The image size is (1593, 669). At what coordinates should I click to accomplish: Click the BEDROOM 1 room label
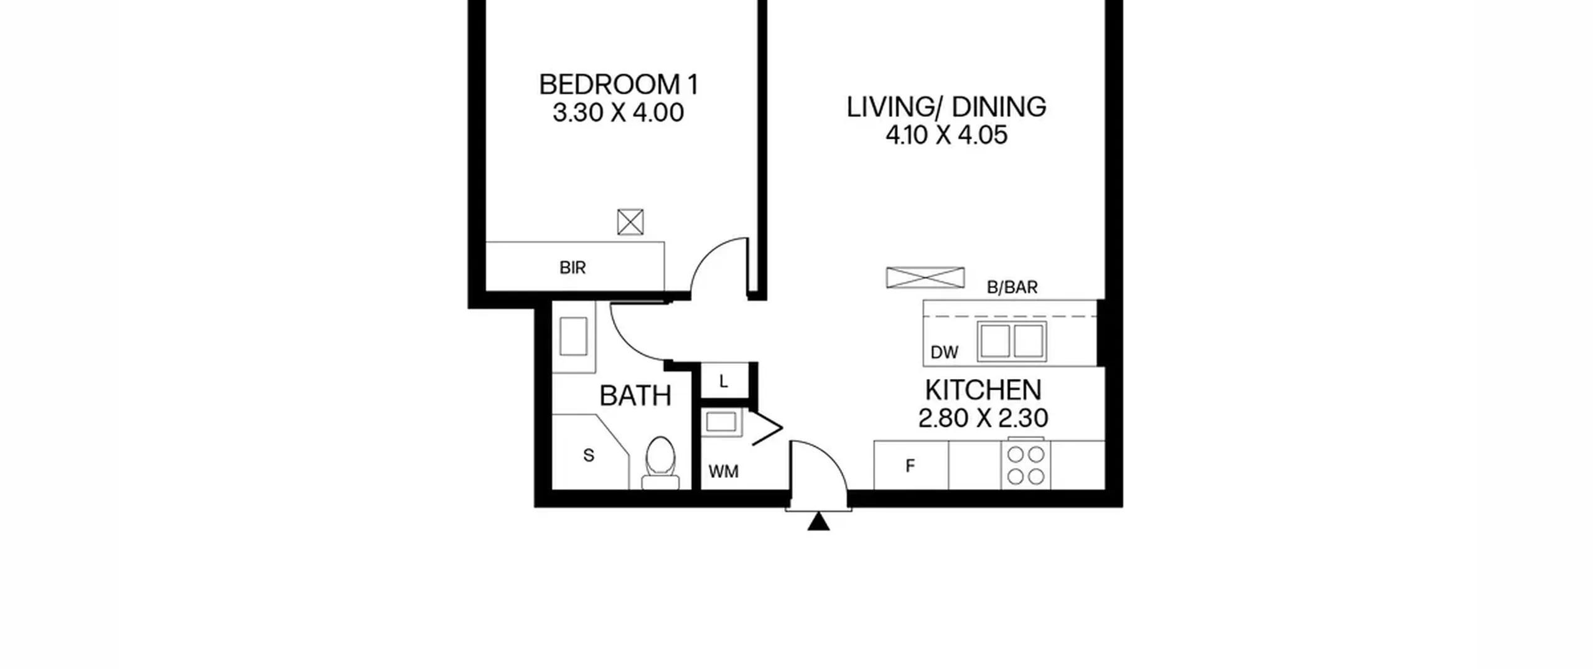pos(619,85)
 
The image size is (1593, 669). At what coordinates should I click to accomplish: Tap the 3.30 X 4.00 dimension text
pos(619,113)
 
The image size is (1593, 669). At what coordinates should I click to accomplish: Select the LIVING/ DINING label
pos(946,107)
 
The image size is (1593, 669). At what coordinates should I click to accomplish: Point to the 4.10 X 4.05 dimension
pos(946,135)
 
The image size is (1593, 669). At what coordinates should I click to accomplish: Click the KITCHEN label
pos(983,390)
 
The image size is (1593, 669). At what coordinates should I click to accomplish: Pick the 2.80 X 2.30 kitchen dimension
pos(983,418)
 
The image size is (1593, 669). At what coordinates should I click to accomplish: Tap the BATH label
pos(635,396)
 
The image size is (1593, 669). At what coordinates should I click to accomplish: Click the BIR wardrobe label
pos(572,268)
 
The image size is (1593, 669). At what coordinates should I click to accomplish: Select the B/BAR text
pos(1012,287)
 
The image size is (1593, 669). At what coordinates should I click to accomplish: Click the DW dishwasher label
pos(945,353)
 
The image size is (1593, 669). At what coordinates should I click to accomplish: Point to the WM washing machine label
pos(724,472)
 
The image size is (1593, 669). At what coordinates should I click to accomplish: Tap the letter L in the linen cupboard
pos(724,381)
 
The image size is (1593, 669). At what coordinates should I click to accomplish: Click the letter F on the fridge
pos(910,465)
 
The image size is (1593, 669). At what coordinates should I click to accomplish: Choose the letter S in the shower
pos(589,456)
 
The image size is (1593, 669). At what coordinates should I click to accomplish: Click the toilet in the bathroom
pos(660,463)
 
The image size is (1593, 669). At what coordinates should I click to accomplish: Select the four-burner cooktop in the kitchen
pos(1025,464)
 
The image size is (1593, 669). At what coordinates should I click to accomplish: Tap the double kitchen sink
pos(1012,341)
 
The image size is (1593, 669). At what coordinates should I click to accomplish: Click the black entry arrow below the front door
pos(818,522)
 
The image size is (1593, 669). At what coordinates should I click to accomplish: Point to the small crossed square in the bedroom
pos(630,222)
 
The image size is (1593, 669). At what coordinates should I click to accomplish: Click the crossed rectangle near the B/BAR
pos(925,278)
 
